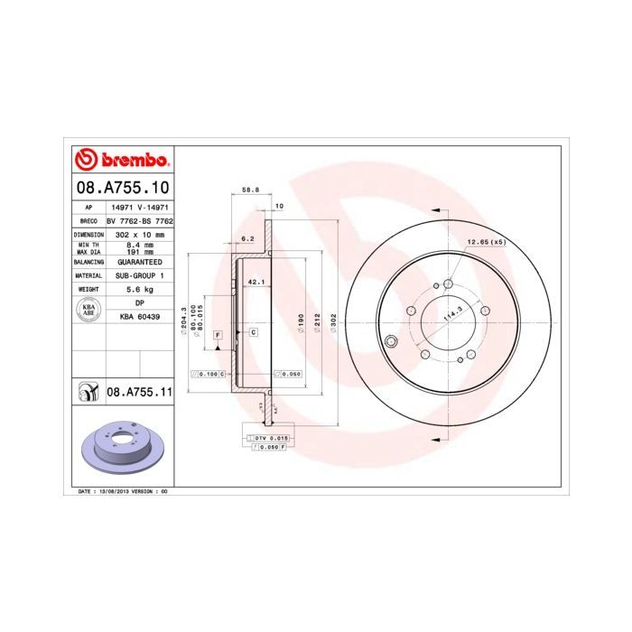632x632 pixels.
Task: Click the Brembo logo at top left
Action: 122,161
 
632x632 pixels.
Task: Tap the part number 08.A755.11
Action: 141,392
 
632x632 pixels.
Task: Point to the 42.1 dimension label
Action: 255,282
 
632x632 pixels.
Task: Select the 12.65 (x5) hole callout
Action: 485,243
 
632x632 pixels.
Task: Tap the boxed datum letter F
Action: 218,335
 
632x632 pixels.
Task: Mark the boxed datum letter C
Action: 254,332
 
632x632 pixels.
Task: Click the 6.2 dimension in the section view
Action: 246,238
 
